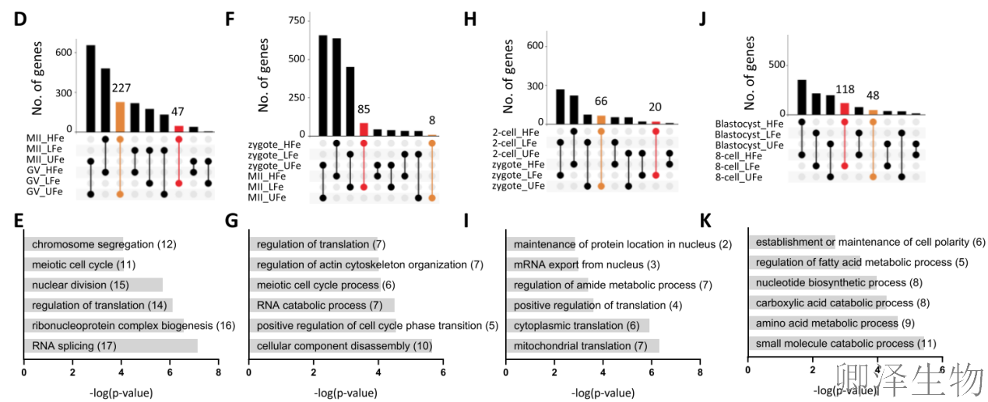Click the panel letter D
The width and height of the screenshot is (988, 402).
(x=20, y=19)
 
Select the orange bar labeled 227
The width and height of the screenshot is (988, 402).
(x=120, y=117)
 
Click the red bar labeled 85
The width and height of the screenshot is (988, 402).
(x=364, y=129)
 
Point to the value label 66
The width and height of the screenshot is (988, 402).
(x=600, y=102)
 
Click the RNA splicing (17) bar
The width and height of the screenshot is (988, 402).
(x=111, y=345)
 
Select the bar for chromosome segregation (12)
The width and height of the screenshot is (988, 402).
(x=74, y=244)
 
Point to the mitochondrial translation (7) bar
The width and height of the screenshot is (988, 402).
(x=582, y=345)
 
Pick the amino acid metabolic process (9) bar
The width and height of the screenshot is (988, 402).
(x=823, y=323)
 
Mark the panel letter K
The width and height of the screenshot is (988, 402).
(x=706, y=222)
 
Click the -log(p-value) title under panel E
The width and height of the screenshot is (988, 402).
(x=121, y=393)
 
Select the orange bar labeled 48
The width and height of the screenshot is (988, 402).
(x=873, y=112)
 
